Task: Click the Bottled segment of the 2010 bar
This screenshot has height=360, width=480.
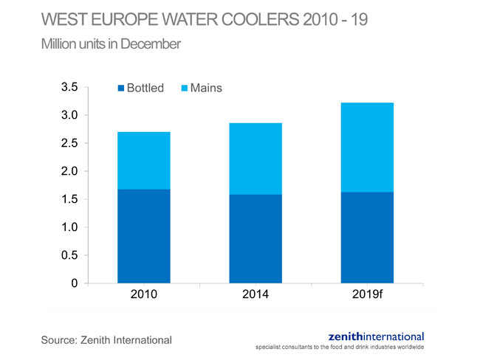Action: [144, 236]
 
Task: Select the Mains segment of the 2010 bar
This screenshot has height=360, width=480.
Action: [144, 160]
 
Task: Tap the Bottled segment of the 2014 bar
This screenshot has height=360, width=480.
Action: [255, 238]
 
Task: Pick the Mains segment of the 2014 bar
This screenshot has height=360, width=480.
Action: [255, 159]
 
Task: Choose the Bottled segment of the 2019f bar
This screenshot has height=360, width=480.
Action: [366, 238]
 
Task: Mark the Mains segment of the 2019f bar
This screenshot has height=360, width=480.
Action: [366, 147]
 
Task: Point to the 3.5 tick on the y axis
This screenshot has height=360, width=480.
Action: [69, 87]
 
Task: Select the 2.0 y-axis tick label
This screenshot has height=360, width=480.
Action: [69, 171]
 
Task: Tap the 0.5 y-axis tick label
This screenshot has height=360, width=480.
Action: [69, 255]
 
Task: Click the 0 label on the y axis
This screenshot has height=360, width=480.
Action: [75, 283]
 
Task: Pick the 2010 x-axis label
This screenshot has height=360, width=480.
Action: [144, 294]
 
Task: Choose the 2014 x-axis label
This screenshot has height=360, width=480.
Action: [255, 294]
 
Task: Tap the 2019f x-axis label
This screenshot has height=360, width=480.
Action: [366, 294]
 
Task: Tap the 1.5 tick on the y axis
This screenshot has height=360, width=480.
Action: [69, 199]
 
